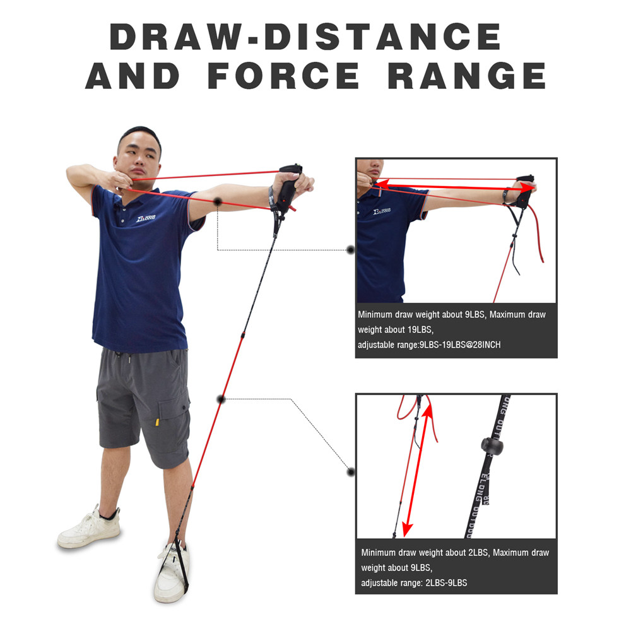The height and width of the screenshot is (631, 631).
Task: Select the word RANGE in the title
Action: pyautogui.click(x=467, y=76)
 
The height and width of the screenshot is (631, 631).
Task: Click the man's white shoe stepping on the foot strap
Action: pyautogui.click(x=170, y=571)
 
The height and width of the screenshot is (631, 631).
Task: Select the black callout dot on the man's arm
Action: pyautogui.click(x=218, y=201)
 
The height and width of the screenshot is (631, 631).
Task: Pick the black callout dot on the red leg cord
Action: pyautogui.click(x=221, y=399)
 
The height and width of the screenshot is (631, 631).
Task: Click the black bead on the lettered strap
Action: pyautogui.click(x=491, y=445)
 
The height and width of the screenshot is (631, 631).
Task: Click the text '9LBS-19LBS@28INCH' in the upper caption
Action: pyautogui.click(x=460, y=345)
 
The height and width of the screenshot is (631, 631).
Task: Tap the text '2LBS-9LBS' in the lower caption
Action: pyautogui.click(x=446, y=582)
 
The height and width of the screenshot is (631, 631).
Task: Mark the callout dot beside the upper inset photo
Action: pyautogui.click(x=351, y=250)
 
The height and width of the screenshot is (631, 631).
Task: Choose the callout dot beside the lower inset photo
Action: pyautogui.click(x=351, y=471)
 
